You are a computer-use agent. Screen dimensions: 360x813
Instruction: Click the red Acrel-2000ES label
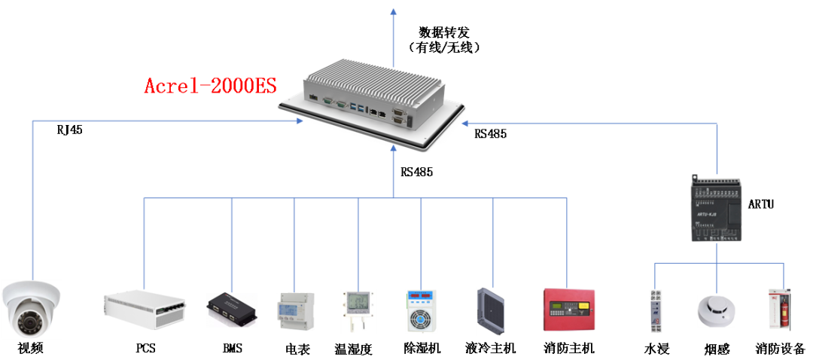(x=211, y=86)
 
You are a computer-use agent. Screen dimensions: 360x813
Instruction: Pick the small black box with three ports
(x=232, y=310)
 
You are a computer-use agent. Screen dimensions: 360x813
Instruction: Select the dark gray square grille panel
(x=494, y=310)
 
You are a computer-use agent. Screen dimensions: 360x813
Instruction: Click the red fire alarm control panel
(x=568, y=309)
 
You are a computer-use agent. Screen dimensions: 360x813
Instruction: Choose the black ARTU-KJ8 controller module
(x=716, y=208)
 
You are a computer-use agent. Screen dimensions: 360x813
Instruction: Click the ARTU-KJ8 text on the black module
(x=707, y=215)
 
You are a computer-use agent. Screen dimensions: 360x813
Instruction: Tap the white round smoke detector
(x=716, y=310)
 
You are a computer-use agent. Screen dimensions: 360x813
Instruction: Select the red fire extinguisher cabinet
(x=779, y=309)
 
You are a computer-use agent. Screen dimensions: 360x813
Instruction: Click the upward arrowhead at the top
(x=393, y=10)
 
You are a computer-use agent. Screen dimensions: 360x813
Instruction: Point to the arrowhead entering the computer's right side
(x=466, y=123)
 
